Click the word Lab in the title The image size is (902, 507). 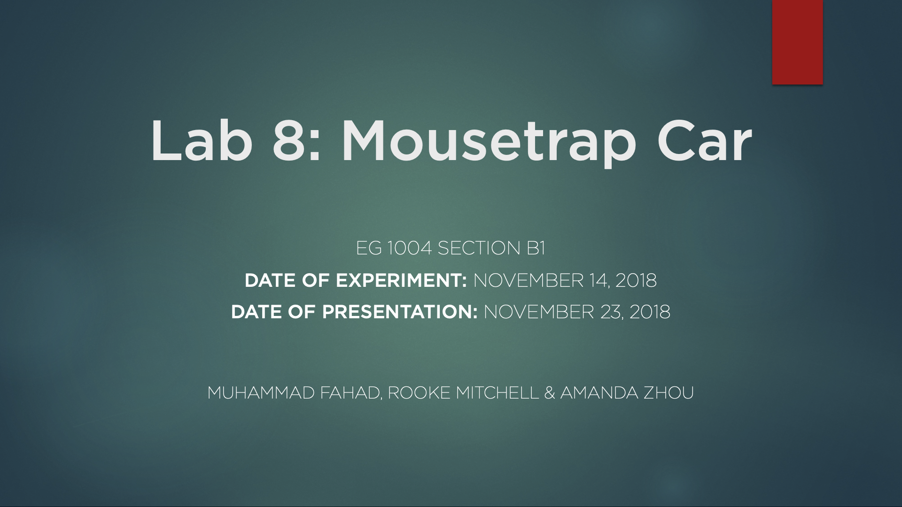pos(202,141)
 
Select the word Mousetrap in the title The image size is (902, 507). pos(489,143)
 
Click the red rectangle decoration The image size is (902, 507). pos(797,42)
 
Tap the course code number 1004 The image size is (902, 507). pos(409,248)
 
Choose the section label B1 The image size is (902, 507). pos(536,248)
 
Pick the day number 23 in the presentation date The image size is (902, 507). pos(612,312)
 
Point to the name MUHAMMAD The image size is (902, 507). pos(261,392)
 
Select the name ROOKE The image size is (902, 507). pos(419,392)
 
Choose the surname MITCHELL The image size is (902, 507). pos(497,392)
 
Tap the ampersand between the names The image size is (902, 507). pos(550,392)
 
